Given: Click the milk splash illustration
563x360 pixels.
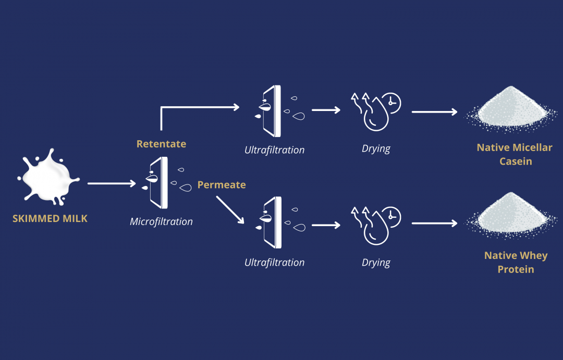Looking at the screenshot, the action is point(48,177).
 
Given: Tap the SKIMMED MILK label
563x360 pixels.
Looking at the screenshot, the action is point(50,219).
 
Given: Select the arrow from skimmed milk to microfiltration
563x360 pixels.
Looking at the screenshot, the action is point(112,183).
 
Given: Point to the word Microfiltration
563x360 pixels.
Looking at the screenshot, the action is point(161,222).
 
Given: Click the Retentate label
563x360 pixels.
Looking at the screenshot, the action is point(161,144).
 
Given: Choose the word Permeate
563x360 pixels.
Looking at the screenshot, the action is point(222,185).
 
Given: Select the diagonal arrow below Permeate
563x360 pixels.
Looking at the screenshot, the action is point(230,210).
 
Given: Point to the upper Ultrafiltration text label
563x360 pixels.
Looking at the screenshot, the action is point(274,150).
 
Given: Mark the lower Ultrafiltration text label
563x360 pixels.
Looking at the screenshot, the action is point(274,263).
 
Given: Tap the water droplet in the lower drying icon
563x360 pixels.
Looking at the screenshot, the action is point(376,230).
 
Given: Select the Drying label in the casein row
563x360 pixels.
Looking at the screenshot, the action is point(376,148).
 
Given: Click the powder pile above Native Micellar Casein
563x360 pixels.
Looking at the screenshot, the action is point(511,109).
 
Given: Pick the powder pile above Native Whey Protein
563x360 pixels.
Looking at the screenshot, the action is point(511,215).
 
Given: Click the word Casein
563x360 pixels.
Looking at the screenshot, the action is point(516,162).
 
